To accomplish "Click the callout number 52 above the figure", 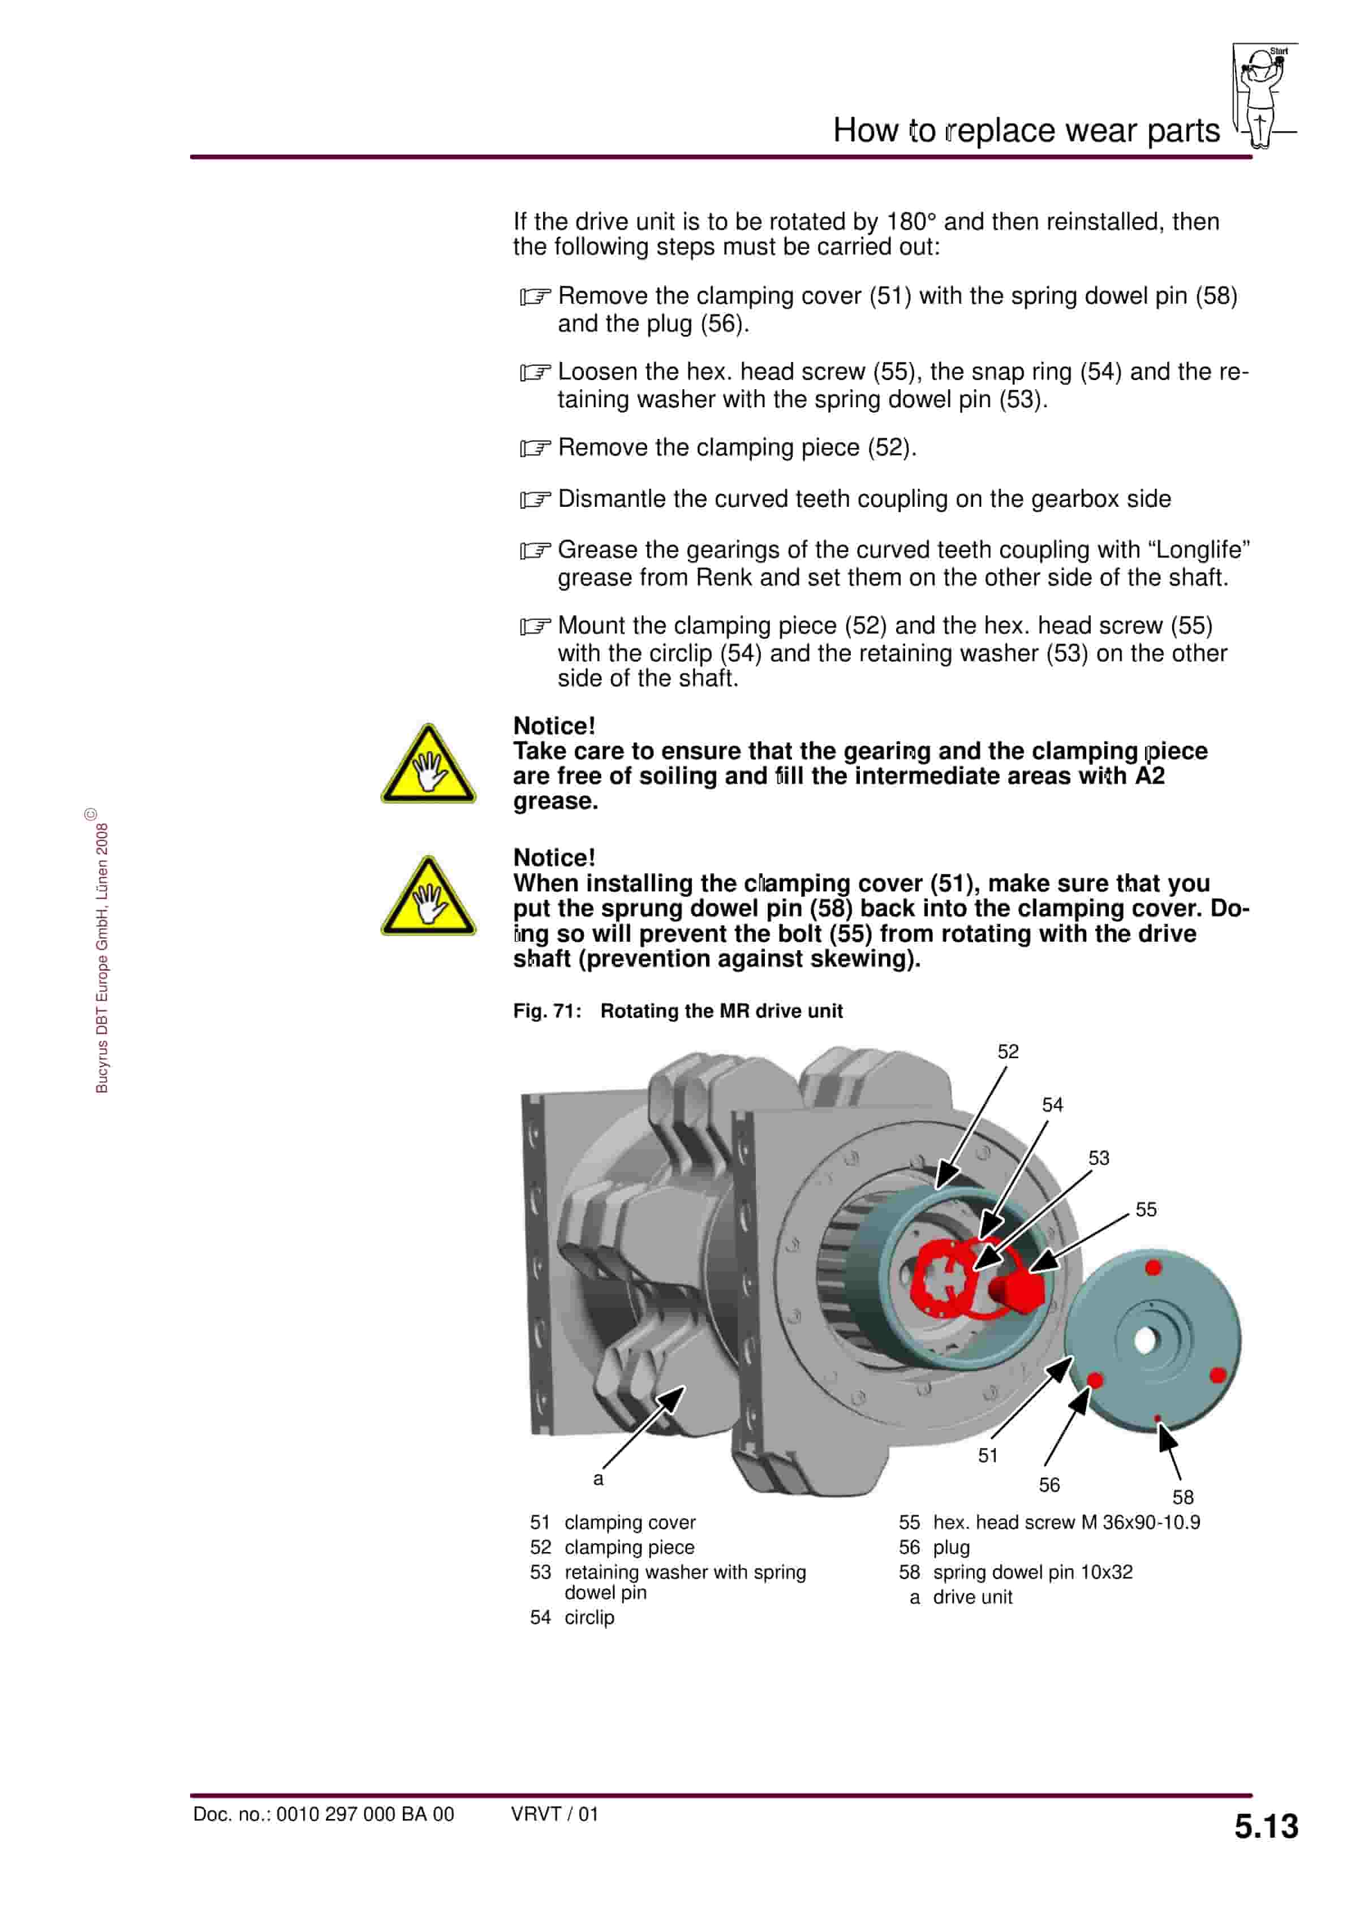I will [1008, 1051].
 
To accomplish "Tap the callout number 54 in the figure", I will [1052, 1104].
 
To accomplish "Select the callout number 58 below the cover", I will [1183, 1497].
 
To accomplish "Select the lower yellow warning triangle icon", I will [428, 898].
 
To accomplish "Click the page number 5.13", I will [1266, 1826].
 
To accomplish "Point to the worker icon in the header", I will [1262, 96].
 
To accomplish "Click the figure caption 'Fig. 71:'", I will [547, 1011].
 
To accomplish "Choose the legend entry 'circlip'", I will [589, 1617].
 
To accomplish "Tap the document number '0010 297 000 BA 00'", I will [365, 1814].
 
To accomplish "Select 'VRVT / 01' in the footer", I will [554, 1814].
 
